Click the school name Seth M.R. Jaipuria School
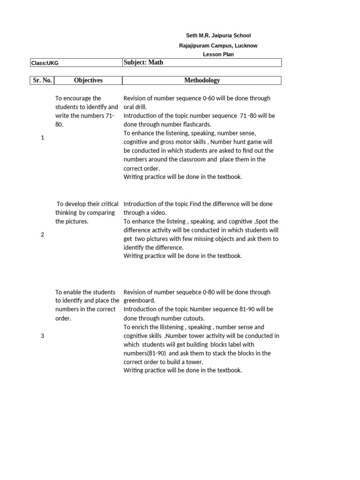(218, 36)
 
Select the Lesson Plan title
(218, 54)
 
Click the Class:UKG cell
(45, 63)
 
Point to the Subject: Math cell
(143, 62)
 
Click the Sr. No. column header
(42, 81)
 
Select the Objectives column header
(88, 81)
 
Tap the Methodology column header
(202, 81)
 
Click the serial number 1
(42, 138)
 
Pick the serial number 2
(42, 234)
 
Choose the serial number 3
(42, 336)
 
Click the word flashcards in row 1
(194, 125)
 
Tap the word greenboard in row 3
(139, 301)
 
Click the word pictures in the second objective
(77, 221)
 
